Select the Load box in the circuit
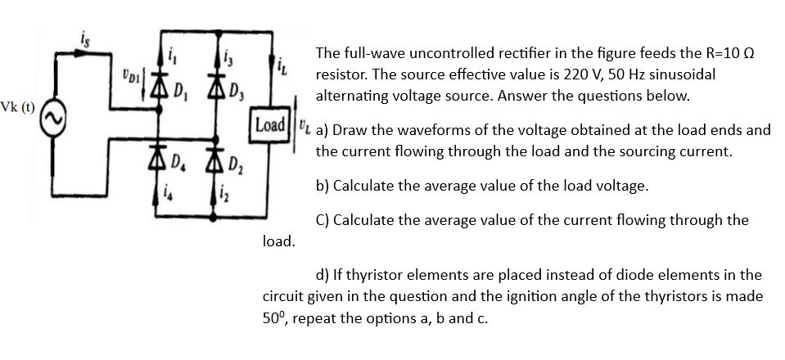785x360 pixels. point(270,126)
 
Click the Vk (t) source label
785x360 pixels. point(18,108)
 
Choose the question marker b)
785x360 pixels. point(323,186)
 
